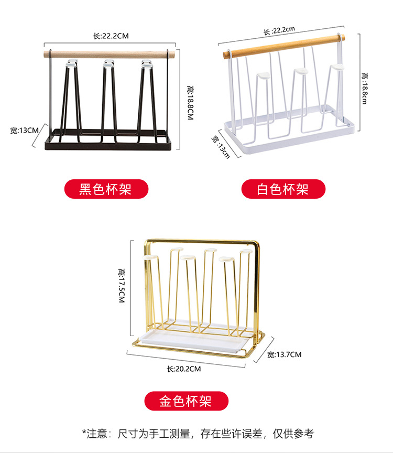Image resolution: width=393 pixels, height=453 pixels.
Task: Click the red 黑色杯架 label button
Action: pyautogui.click(x=106, y=189)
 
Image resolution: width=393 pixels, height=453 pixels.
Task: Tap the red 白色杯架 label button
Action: pyautogui.click(x=283, y=189)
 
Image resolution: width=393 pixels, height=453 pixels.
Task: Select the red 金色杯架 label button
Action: pyautogui.click(x=186, y=401)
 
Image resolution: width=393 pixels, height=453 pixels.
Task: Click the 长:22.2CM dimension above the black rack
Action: pyautogui.click(x=111, y=36)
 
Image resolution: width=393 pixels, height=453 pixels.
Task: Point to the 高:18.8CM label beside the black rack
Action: pyautogui.click(x=190, y=103)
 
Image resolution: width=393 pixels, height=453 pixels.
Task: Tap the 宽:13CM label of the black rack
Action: pyautogui.click(x=24, y=131)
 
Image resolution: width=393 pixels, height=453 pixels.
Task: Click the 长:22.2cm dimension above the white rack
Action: pyautogui.click(x=279, y=30)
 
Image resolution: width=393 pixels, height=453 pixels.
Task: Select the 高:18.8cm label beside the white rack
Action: pyautogui.click(x=365, y=88)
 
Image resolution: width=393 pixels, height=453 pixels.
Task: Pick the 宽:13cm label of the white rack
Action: pyautogui.click(x=220, y=147)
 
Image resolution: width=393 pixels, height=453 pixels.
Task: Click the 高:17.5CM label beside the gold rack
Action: pyautogui.click(x=122, y=286)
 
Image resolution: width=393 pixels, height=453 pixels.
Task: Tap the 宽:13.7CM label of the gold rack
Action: pyautogui.click(x=284, y=354)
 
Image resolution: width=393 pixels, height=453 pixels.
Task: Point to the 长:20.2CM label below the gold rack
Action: pyautogui.click(x=183, y=369)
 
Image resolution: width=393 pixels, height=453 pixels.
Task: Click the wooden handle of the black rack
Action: pyautogui.click(x=110, y=55)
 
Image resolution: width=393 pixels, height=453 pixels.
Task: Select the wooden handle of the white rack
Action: pyautogui.click(x=283, y=46)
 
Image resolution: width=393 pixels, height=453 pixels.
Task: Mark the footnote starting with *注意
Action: pyautogui.click(x=198, y=434)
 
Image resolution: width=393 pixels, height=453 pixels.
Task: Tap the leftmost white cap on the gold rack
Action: pyautogui.click(x=150, y=257)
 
